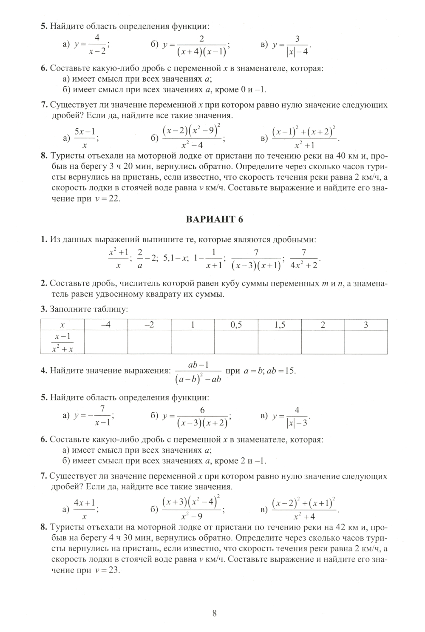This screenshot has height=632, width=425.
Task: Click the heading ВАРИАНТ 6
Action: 215,219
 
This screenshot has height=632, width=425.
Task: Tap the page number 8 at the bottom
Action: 214,613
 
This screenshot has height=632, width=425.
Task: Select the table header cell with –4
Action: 106,325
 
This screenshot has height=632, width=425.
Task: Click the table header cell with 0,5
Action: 236,325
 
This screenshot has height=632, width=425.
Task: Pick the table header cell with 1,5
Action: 279,325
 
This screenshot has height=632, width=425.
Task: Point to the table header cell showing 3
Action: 365,325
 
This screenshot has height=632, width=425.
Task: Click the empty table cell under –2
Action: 149,342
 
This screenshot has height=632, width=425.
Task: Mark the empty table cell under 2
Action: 323,342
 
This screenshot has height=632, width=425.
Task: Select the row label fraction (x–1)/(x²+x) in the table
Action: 62,343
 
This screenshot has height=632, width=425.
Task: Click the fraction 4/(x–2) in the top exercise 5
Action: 97,45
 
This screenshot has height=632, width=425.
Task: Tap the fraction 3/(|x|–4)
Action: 297,45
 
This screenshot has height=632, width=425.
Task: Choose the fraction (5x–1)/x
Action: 85,138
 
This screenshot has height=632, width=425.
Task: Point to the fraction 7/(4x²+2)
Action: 303,258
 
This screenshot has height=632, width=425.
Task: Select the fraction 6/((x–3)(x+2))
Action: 202,417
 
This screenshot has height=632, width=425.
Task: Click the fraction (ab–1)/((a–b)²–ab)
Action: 198,371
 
